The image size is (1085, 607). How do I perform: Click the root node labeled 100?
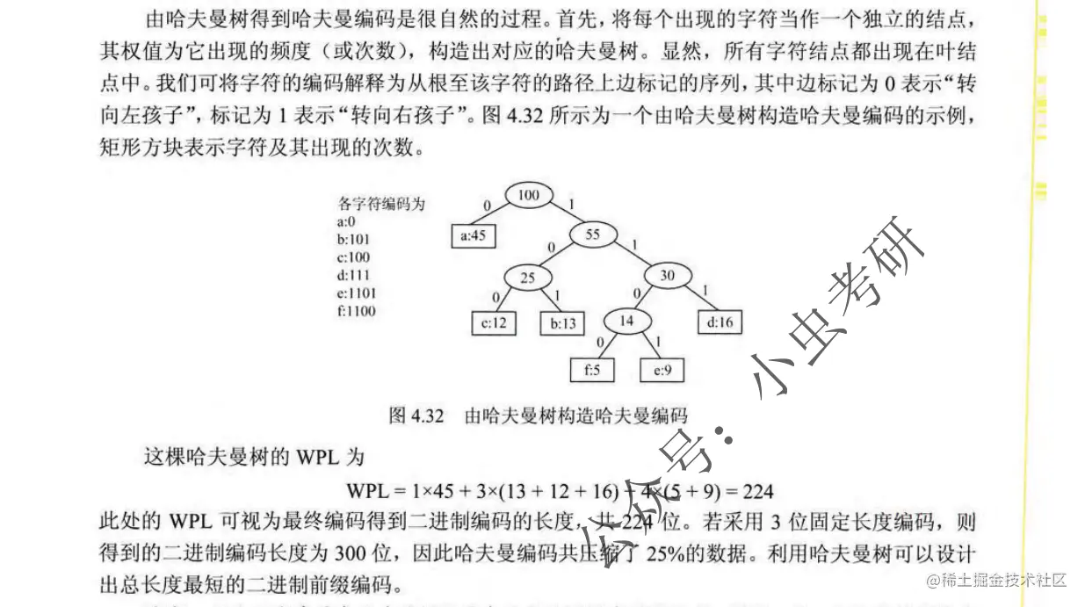tap(528, 195)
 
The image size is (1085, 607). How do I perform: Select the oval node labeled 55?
tap(592, 235)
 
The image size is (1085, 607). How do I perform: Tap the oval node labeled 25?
tap(527, 278)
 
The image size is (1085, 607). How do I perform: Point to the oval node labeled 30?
tap(668, 276)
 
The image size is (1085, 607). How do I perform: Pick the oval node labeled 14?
tap(626, 321)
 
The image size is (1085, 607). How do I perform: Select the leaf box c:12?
tap(494, 323)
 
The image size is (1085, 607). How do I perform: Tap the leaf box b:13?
tap(562, 323)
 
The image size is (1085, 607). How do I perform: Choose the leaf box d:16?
tap(719, 322)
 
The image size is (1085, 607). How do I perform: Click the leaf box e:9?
tap(662, 371)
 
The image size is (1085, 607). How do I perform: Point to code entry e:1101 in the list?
tap(356, 293)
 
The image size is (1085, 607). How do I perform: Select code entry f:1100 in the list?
tap(356, 311)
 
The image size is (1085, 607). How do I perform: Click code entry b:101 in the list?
tap(352, 239)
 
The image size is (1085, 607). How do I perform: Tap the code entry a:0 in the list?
tap(345, 221)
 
